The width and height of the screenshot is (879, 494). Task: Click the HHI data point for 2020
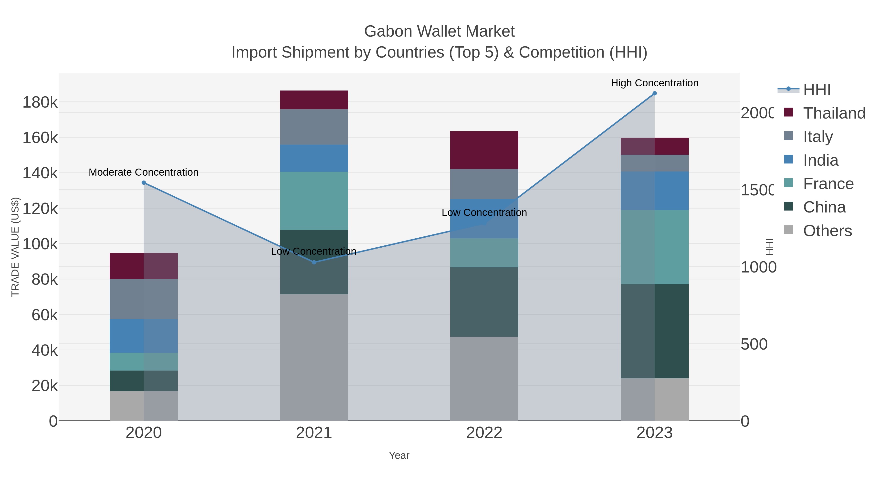pos(144,183)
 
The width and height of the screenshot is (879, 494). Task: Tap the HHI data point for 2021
pos(314,262)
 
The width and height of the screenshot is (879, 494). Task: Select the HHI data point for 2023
pos(654,93)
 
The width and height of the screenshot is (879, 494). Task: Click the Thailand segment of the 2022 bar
pos(484,150)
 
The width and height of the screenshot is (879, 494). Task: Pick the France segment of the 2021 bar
pos(314,201)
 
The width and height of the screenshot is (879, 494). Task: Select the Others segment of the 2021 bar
pos(314,357)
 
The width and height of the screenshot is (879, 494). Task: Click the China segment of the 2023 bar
pos(654,331)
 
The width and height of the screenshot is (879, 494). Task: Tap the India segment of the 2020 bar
pos(144,336)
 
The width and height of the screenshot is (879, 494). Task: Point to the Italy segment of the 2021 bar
pos(314,127)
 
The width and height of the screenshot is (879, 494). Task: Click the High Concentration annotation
pos(654,83)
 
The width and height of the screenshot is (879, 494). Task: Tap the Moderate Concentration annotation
pos(144,172)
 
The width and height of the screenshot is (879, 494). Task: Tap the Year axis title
pos(399,455)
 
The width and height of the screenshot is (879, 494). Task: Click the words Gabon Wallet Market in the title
pos(439,31)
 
